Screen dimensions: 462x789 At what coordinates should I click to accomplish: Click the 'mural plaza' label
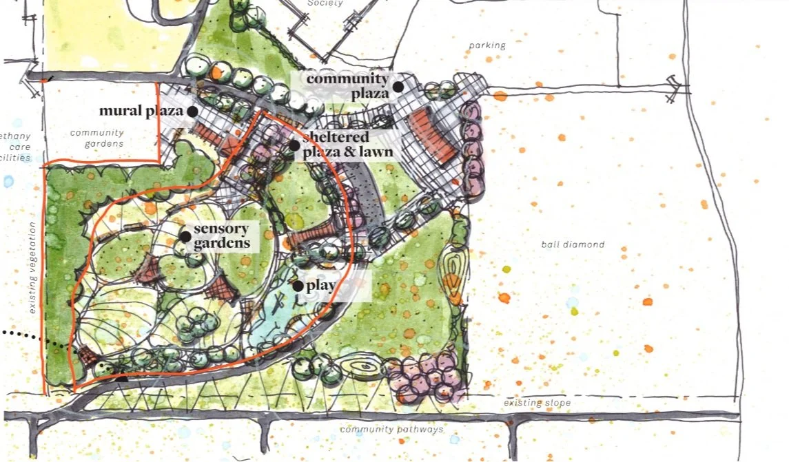141,111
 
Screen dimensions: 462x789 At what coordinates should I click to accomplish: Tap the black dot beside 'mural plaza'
192,111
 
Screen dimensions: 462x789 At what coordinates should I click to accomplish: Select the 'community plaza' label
347,85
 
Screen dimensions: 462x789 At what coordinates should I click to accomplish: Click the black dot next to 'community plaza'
398,87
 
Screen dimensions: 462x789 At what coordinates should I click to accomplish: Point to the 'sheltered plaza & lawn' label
347,145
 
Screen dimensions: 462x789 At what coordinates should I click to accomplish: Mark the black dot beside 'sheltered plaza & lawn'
294,145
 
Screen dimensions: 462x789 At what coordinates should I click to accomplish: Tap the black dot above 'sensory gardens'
185,236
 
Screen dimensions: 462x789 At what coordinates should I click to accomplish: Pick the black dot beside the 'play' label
298,285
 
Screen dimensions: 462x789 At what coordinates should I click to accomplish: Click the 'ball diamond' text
573,244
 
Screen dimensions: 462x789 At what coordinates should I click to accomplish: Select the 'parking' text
487,45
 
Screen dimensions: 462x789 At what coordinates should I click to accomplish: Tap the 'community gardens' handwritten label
96,138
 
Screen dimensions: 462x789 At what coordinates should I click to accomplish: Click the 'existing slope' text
537,402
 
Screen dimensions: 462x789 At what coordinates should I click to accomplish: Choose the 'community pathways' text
391,430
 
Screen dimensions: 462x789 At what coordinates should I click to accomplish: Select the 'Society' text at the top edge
325,3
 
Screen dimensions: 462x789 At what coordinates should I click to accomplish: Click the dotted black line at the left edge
34,339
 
